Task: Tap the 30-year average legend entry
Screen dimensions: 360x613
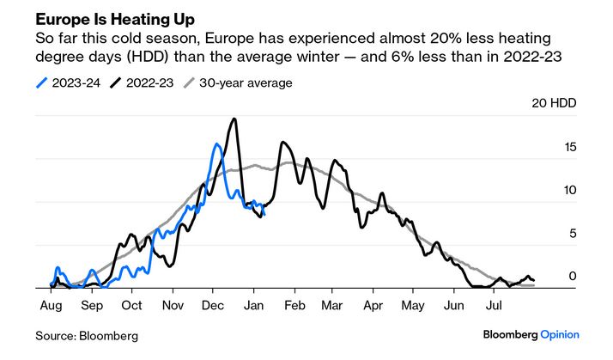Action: point(246,83)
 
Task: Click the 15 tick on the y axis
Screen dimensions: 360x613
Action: point(570,147)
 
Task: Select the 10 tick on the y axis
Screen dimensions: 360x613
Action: point(570,191)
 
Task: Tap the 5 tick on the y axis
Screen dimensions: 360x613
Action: point(573,234)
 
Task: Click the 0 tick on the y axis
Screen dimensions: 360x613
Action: point(573,277)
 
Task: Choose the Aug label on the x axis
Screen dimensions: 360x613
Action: point(50,304)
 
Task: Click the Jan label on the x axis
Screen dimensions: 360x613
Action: point(255,304)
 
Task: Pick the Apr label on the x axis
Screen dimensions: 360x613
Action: point(373,304)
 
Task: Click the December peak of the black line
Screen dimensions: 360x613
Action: point(233,119)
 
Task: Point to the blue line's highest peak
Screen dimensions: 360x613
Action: point(216,144)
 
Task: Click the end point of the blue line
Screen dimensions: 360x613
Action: point(264,213)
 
